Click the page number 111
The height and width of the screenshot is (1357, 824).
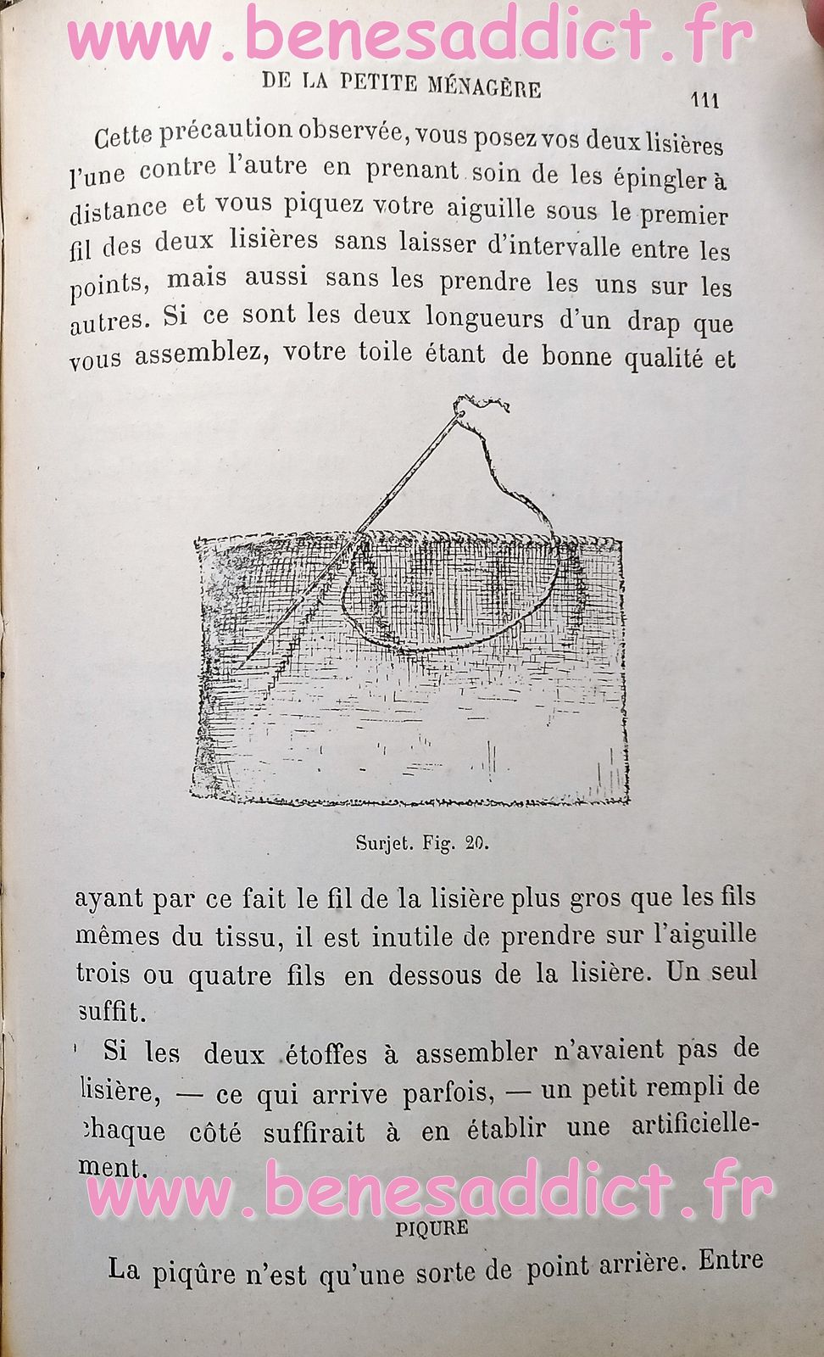click(705, 100)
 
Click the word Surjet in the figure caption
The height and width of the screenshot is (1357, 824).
click(382, 843)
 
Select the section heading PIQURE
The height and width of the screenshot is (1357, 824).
click(431, 1227)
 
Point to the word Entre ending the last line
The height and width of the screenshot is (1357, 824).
click(731, 1261)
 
